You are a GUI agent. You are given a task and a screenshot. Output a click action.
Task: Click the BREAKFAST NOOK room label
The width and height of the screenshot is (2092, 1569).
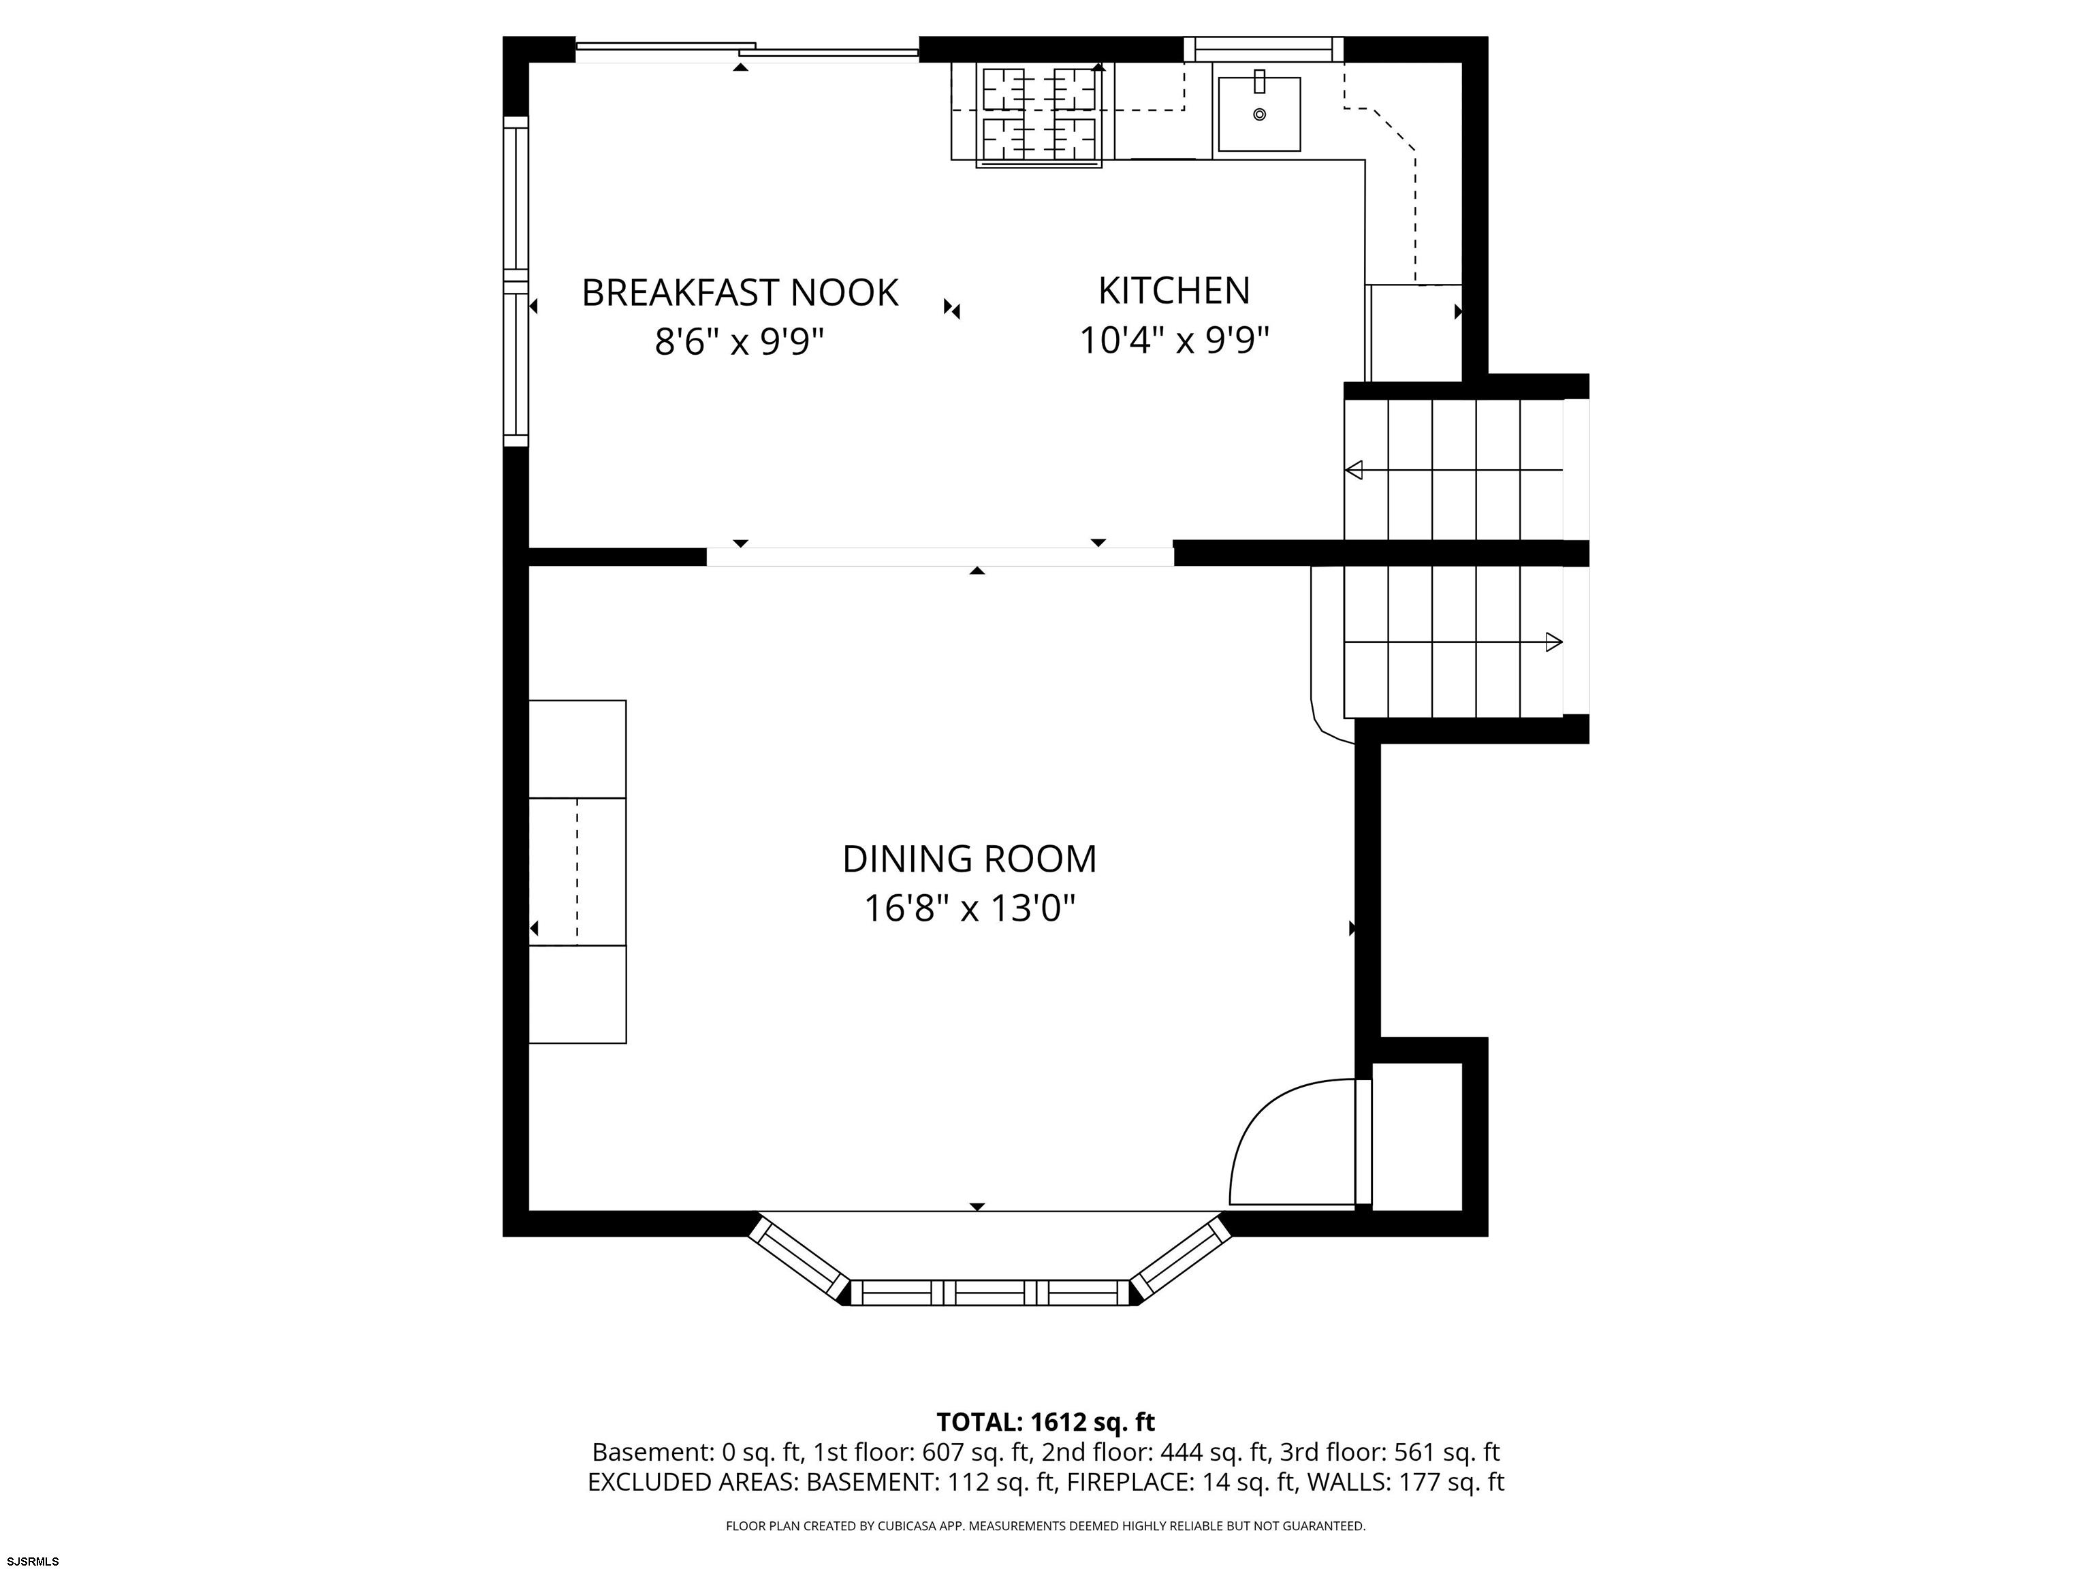tap(740, 294)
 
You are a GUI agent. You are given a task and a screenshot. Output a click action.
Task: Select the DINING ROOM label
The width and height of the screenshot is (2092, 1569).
tap(970, 859)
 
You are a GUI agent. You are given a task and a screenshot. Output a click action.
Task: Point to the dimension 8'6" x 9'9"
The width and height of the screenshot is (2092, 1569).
tap(740, 341)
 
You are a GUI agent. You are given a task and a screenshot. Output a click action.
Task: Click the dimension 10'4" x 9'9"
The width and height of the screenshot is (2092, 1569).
tap(1173, 340)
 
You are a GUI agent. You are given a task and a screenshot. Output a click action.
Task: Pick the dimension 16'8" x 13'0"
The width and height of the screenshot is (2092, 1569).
tap(970, 909)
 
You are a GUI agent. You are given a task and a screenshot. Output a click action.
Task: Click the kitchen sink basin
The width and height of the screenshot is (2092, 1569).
tap(1258, 114)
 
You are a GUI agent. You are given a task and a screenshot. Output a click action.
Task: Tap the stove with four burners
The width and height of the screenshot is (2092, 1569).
tap(1039, 115)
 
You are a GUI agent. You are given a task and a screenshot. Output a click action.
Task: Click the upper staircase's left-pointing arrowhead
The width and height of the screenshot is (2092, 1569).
tap(1353, 470)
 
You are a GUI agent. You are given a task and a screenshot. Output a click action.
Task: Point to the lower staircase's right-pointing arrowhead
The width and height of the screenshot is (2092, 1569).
tap(1554, 642)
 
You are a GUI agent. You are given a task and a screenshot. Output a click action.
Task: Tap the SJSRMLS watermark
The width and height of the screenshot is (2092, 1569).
tap(33, 1561)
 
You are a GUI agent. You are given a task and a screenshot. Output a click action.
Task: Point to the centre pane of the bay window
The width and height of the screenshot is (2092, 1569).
tap(990, 1293)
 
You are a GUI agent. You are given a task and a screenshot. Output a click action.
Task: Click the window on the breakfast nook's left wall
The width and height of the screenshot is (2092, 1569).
tap(516, 281)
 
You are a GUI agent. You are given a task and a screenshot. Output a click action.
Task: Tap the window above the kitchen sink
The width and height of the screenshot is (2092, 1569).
tap(1263, 49)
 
